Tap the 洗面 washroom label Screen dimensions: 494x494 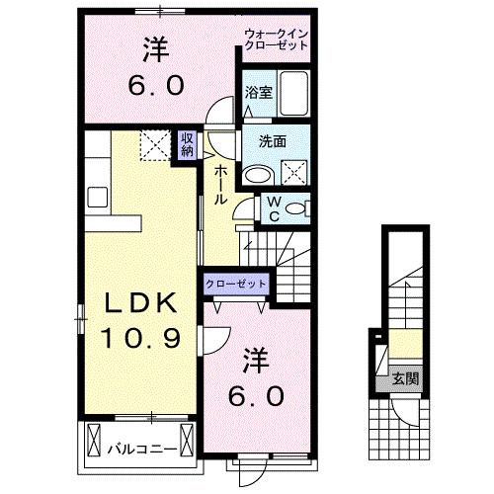coord(273,140)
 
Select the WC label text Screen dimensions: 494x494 coord(273,208)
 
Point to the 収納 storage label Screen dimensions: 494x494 coord(187,145)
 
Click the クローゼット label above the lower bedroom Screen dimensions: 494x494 coord(237,284)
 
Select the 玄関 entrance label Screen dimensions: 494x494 coord(403,377)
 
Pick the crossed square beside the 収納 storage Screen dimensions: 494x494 coord(154,147)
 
